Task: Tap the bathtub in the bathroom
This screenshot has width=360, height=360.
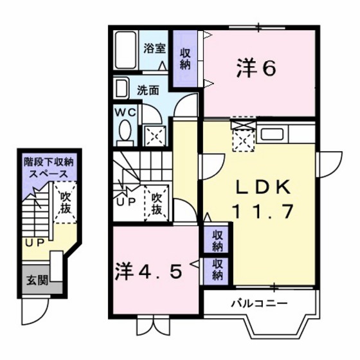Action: click(x=127, y=51)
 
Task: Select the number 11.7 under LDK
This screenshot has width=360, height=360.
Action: click(x=264, y=210)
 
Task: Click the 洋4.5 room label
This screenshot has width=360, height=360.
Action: click(x=154, y=269)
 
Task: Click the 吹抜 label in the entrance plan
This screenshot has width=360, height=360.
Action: click(x=64, y=203)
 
